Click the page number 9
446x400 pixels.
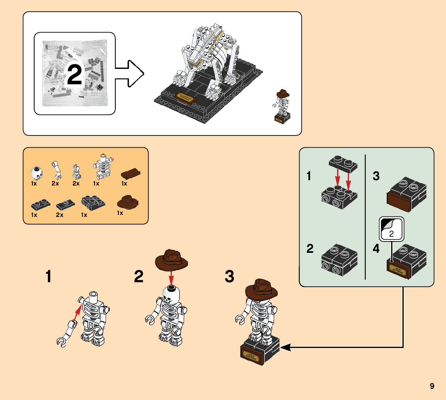(x=432, y=386)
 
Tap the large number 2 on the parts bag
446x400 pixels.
(x=75, y=74)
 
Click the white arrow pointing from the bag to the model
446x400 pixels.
(x=130, y=73)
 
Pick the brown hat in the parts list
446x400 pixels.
(x=127, y=202)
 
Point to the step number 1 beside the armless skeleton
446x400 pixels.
(x=48, y=277)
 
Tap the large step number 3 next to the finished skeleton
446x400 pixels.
(x=229, y=277)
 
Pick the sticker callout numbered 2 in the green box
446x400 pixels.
(x=391, y=230)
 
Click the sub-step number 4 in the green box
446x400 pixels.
(x=376, y=249)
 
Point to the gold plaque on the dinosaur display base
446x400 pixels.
(x=185, y=96)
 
